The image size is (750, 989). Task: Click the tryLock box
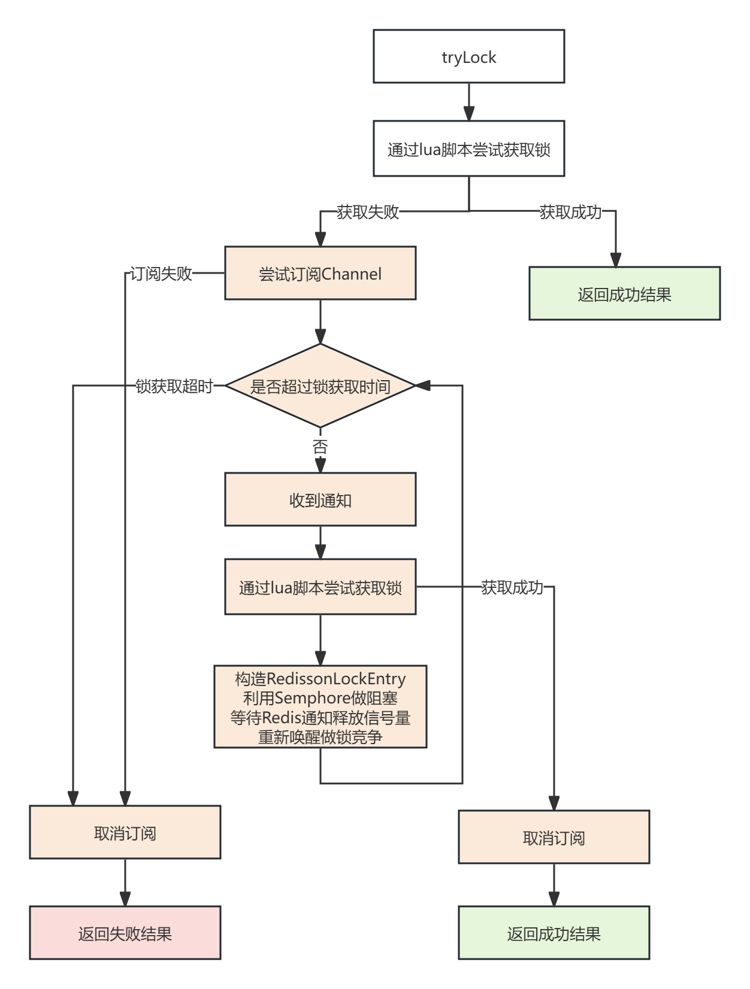468,56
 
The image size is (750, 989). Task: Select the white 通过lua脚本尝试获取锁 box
468,148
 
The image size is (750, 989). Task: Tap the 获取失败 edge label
368,212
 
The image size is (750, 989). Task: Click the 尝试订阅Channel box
320,273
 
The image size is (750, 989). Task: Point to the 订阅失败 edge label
162,274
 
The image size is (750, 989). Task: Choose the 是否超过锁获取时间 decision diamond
320,386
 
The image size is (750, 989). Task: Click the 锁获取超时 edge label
174,386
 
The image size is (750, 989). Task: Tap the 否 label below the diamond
320,447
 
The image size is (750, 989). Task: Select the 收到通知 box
320,499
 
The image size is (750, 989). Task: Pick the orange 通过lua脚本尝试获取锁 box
320,587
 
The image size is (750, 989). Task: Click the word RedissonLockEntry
336,679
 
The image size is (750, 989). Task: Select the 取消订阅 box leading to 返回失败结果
125,832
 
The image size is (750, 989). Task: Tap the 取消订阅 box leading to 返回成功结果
554,837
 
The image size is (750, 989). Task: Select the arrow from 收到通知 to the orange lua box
320,542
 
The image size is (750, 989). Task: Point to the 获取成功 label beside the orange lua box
512,587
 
